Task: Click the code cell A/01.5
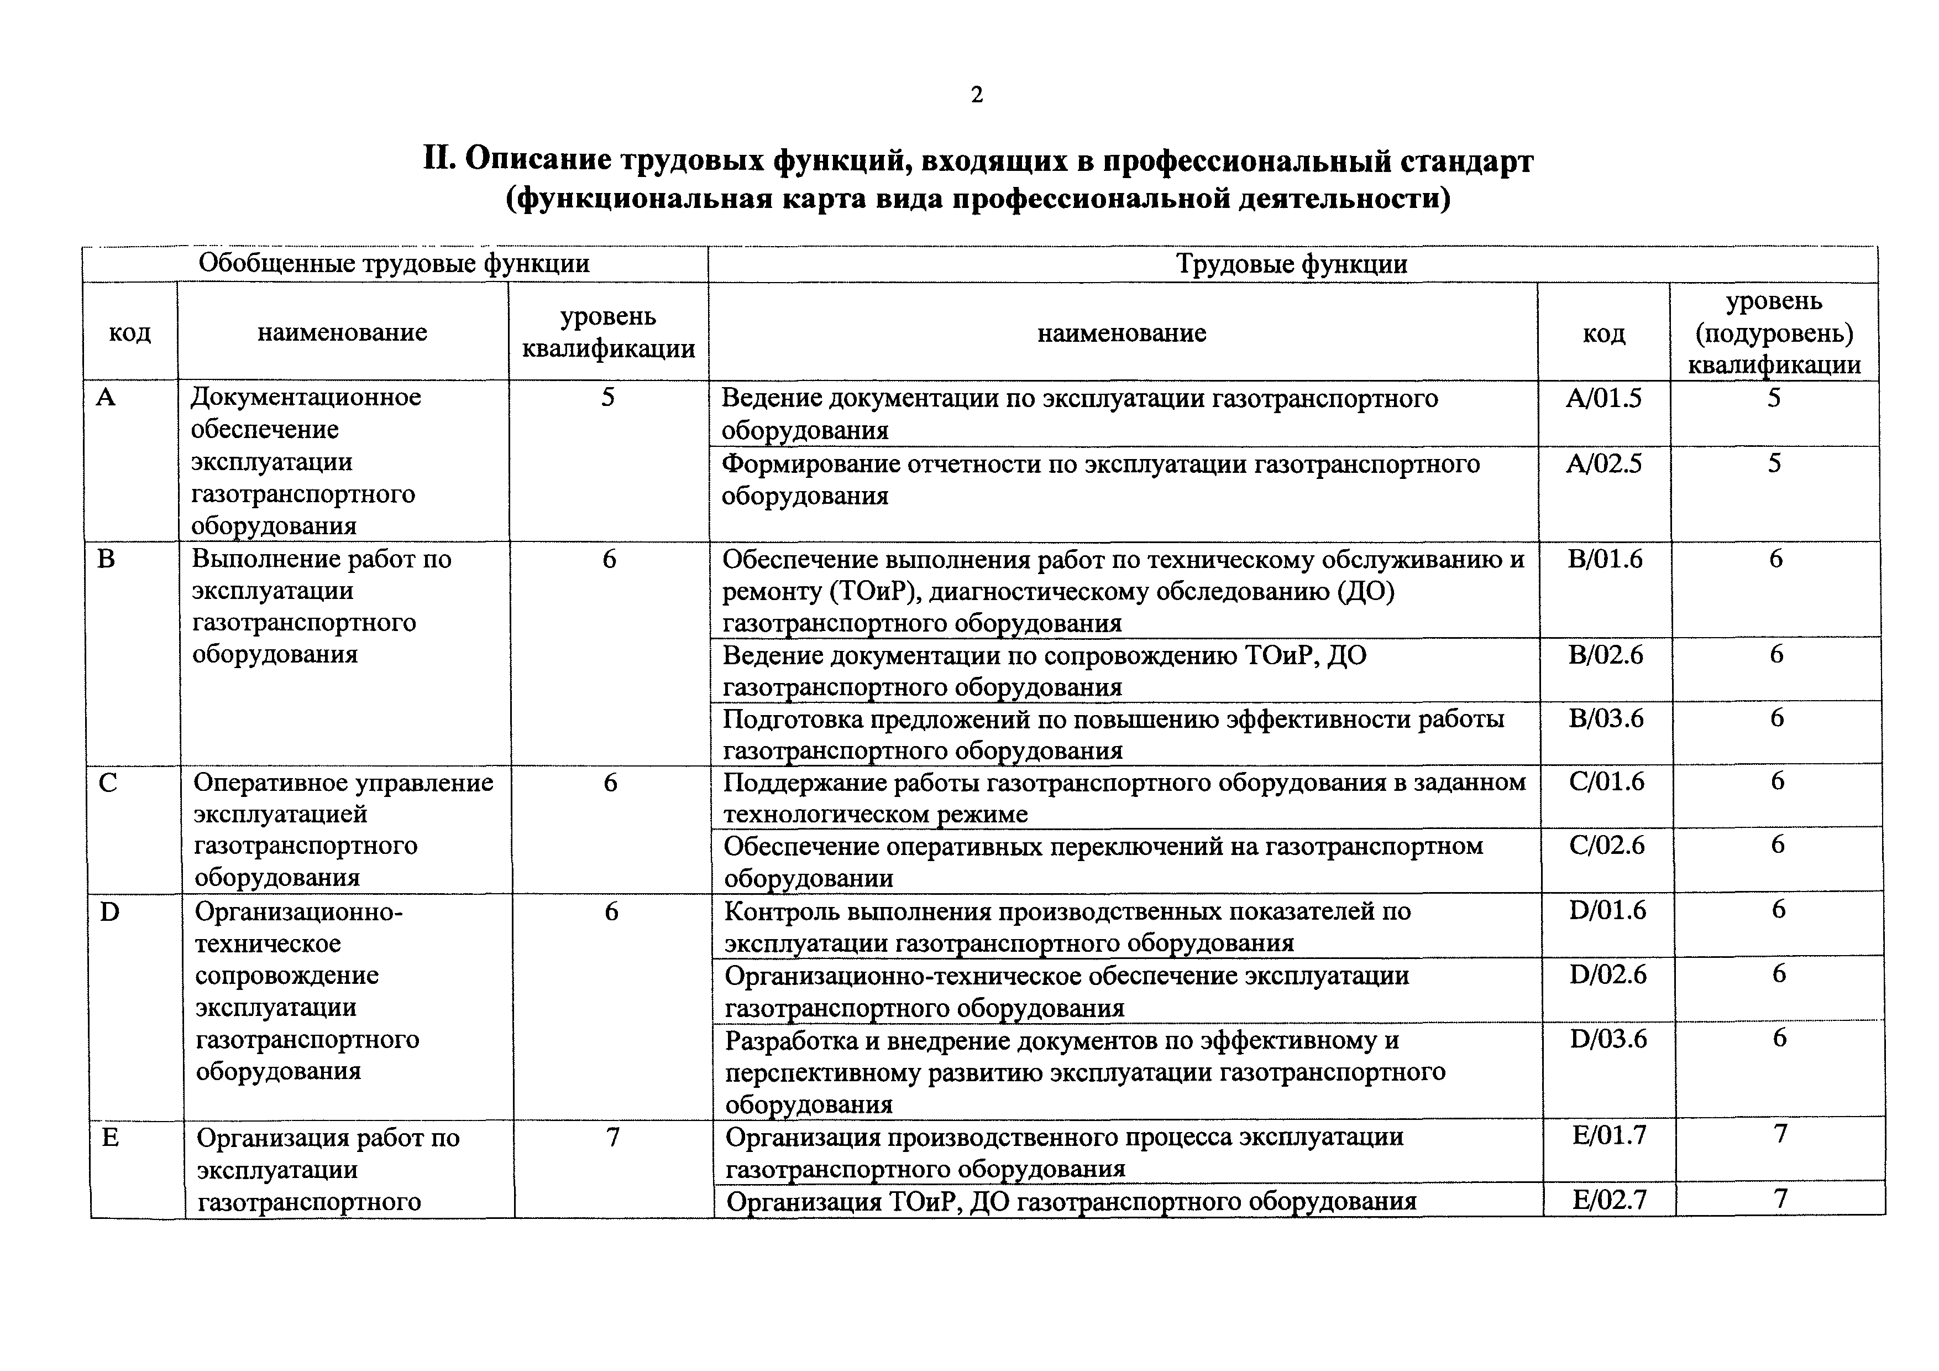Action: coord(1603,398)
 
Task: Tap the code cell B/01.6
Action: coord(1605,559)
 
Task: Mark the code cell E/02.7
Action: coord(1609,1200)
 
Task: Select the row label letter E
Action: coord(110,1138)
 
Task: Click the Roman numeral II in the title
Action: coord(438,160)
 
